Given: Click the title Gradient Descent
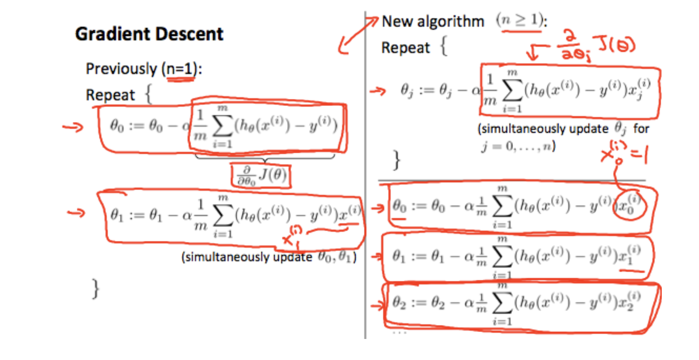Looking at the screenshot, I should [x=149, y=34].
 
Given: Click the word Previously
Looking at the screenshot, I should [x=121, y=69].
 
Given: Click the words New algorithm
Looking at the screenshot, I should [x=433, y=21].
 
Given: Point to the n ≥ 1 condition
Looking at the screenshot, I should [x=520, y=20].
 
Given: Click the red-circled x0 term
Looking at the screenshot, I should [x=630, y=205].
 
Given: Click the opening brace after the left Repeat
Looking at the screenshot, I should [x=148, y=94].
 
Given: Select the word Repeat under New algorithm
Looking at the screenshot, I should [x=406, y=48].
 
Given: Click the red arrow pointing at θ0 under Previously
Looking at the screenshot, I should [x=73, y=127].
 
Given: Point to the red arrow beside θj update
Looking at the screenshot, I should [x=378, y=91].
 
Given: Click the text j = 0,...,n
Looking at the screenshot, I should [x=518, y=146].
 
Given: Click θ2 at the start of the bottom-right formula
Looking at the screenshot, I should [x=399, y=302].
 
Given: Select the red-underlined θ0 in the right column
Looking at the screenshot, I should [x=399, y=206].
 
